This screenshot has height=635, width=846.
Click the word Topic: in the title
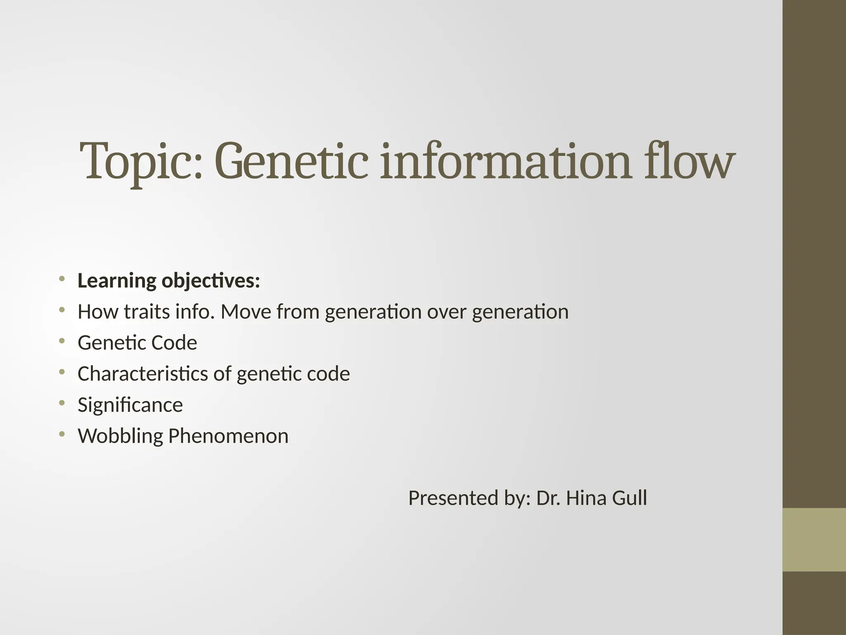point(141,162)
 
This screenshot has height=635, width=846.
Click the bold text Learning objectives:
point(169,281)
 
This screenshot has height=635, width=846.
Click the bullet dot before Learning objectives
point(62,278)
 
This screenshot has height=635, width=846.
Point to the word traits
point(147,312)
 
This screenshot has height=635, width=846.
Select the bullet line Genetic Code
point(137,343)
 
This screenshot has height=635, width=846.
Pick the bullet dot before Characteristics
point(62,372)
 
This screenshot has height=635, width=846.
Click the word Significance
point(130,405)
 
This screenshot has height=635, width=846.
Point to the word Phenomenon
point(228,436)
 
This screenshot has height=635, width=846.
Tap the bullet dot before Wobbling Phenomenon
point(62,434)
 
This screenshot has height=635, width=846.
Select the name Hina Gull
point(606,498)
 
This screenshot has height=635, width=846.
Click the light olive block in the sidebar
point(814,540)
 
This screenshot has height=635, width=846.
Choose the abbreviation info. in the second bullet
point(195,312)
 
